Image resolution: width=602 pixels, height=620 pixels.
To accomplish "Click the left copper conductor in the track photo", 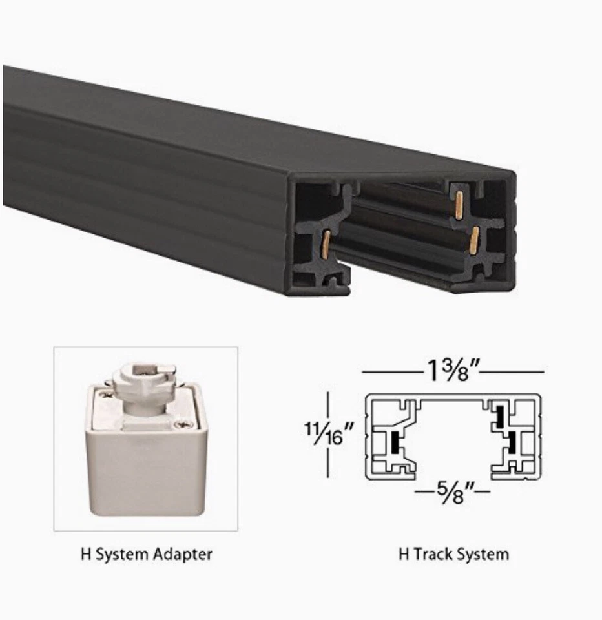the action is tap(327, 241).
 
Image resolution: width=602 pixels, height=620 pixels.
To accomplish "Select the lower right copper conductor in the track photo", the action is tap(475, 240).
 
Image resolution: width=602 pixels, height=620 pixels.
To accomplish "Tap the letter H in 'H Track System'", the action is tap(403, 554).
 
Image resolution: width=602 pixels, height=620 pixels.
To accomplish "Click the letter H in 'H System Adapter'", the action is tap(85, 554).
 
